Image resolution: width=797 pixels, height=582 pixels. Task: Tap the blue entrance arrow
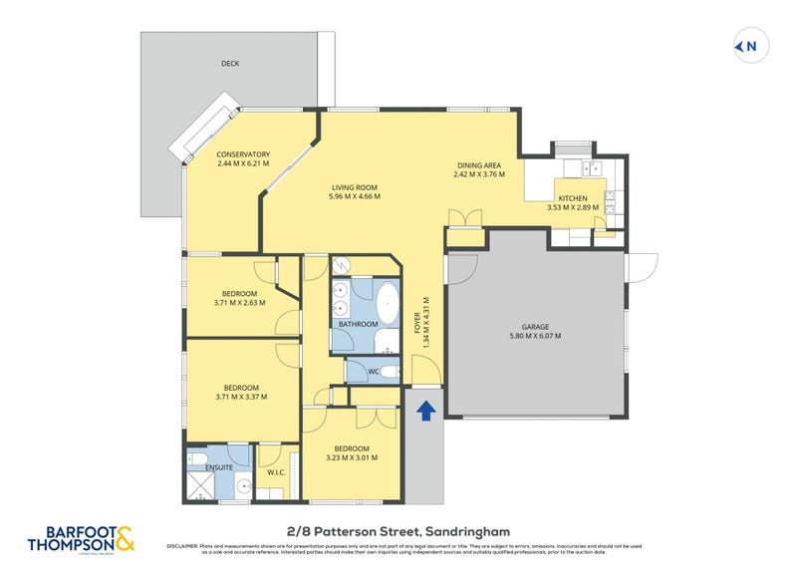click(425, 409)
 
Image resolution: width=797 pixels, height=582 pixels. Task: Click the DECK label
click(230, 64)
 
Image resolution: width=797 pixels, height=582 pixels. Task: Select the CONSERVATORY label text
click(243, 154)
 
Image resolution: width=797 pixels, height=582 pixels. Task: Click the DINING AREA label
click(479, 164)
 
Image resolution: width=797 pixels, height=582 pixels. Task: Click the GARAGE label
click(535, 326)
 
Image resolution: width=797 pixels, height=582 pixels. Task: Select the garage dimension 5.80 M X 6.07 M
click(535, 336)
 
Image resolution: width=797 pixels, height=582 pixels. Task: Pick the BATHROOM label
click(358, 324)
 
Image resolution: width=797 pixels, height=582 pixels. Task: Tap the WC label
click(374, 373)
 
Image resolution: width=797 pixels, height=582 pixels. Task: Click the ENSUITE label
click(219, 466)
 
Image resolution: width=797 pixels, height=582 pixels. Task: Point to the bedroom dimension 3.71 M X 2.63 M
click(239, 302)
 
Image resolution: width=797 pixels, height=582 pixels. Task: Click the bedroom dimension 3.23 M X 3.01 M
click(353, 458)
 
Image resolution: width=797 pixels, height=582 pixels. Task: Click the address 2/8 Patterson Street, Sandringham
click(398, 532)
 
